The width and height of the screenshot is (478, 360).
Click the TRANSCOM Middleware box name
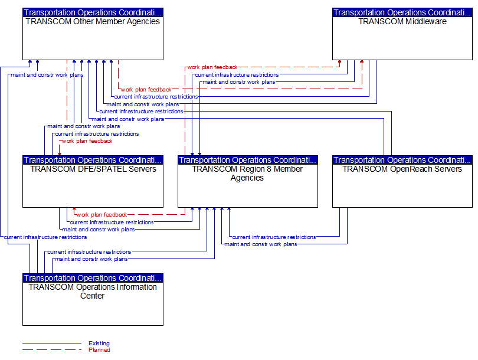402,21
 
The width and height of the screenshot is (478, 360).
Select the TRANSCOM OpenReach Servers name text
402,169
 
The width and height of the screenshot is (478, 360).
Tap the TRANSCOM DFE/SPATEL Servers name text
93,169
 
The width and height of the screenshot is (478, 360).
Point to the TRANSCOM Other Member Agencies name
93,21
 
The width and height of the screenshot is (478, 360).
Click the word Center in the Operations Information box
93,296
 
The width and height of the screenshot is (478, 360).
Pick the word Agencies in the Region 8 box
247,178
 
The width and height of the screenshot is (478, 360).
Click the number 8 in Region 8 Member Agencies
269,169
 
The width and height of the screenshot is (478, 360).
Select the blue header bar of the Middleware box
402,12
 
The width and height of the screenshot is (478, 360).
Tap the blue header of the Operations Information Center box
93,278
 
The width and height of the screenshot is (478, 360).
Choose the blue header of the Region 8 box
248,160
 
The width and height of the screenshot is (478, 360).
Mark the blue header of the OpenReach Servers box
402,160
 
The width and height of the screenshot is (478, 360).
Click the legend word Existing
99,343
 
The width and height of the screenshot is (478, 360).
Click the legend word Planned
99,349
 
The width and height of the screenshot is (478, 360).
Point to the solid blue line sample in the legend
52,343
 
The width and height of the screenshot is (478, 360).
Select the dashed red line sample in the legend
52,349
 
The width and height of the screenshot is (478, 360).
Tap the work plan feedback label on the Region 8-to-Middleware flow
212,67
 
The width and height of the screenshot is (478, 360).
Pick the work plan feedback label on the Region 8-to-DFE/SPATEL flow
102,215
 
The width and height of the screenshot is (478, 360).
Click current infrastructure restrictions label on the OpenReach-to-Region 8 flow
274,237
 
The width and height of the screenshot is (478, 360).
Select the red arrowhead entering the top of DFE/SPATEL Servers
60,153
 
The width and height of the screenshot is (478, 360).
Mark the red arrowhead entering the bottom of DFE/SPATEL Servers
74,210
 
